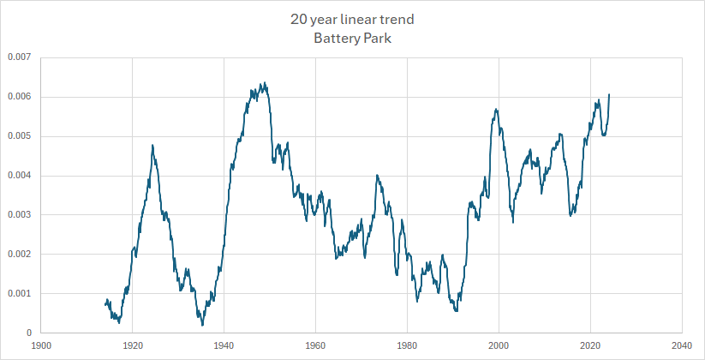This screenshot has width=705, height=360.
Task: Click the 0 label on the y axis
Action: click(29, 333)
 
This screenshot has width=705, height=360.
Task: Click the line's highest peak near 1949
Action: click(265, 83)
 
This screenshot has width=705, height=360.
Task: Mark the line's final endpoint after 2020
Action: click(609, 94)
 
